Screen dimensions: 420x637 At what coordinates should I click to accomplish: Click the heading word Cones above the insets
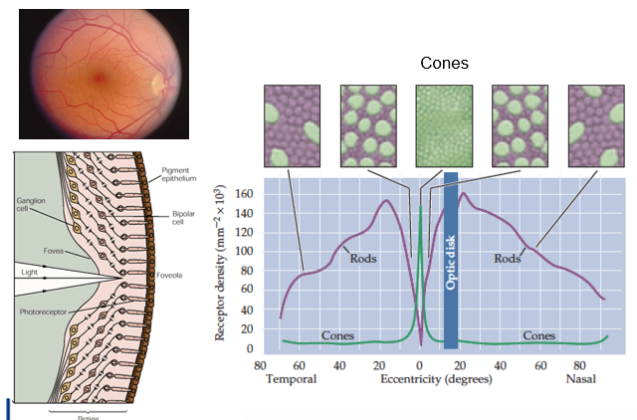444,64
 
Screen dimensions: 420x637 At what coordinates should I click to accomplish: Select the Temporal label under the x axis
291,379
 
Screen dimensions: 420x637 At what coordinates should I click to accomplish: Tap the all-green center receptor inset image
443,125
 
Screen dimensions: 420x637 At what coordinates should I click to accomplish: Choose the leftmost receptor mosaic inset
292,125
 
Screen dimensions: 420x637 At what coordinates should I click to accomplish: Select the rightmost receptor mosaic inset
595,125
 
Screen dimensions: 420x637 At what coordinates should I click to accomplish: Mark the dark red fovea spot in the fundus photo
99,76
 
